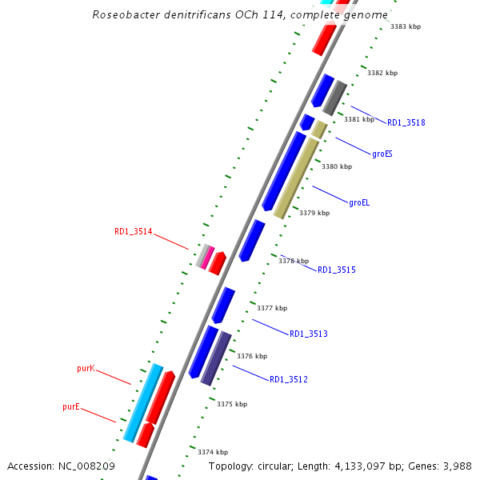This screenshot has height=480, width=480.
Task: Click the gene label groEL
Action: pyautogui.click(x=359, y=203)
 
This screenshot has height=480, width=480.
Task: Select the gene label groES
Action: pyautogui.click(x=382, y=154)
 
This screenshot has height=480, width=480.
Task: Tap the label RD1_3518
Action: pyautogui.click(x=406, y=123)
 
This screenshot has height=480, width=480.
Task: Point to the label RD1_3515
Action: pyautogui.click(x=336, y=270)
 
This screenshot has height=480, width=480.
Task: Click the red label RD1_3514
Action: pyautogui.click(x=133, y=232)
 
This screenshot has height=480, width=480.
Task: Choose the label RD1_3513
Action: pyautogui.click(x=308, y=334)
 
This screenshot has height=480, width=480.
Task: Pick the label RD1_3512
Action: pyautogui.click(x=288, y=379)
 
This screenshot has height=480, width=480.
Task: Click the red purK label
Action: pyautogui.click(x=86, y=369)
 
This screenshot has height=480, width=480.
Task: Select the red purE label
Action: pyautogui.click(x=71, y=407)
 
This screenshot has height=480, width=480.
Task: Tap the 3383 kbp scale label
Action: pyautogui.click(x=406, y=26)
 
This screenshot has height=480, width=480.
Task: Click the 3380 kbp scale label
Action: pyautogui.click(x=336, y=166)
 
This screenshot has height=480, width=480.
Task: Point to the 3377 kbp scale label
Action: pyautogui.click(x=271, y=308)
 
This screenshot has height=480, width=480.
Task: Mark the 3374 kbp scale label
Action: pyautogui.click(x=212, y=452)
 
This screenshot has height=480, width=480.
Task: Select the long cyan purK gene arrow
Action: pyautogui.click(x=143, y=402)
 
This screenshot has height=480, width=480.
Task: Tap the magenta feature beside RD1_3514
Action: pyautogui.click(x=207, y=256)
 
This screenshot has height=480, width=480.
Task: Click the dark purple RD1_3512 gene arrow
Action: pyautogui.click(x=215, y=358)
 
